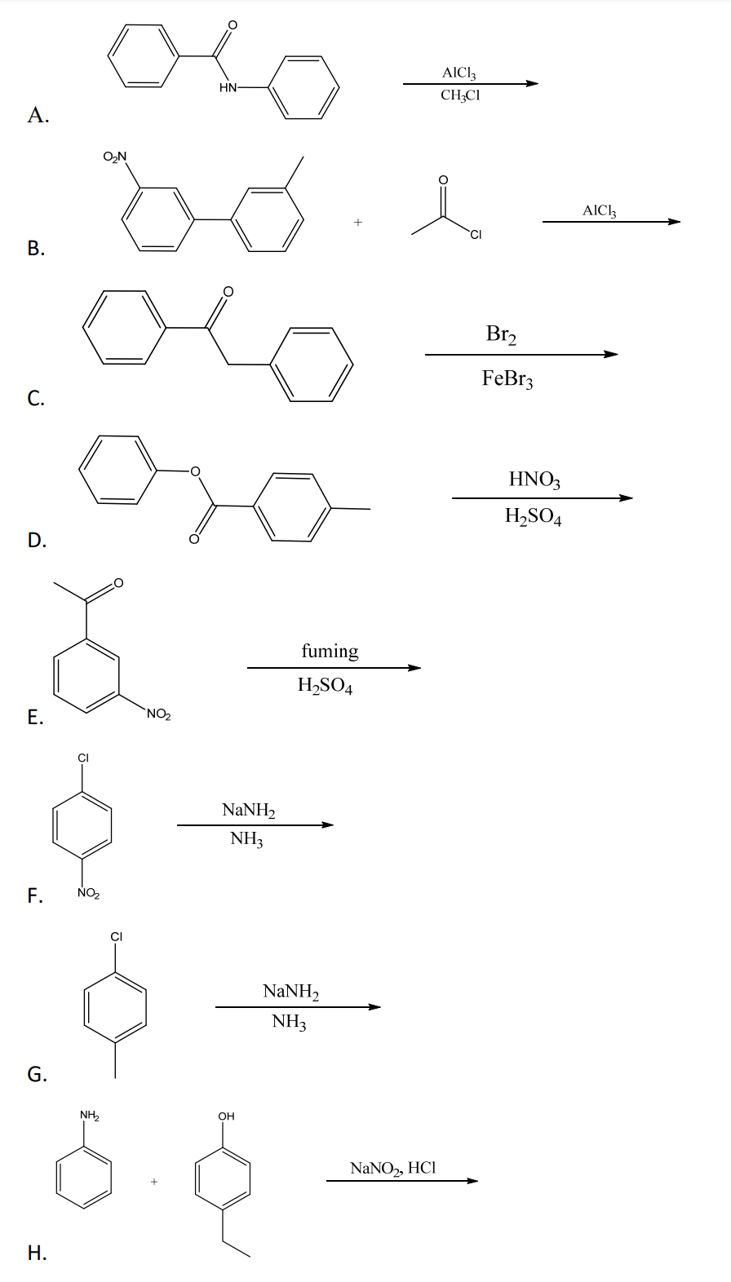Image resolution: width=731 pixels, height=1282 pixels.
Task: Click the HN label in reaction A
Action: point(228,88)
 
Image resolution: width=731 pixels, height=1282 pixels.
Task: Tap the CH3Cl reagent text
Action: point(460,95)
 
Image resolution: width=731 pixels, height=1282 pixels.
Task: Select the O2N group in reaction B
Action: point(116,157)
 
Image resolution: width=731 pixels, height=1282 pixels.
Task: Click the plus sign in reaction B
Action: point(357,221)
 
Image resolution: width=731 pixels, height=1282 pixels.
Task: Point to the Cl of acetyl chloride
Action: point(475,237)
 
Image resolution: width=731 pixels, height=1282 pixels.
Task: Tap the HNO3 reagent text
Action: point(534,479)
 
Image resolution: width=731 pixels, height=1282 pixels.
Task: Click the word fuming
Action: point(330,651)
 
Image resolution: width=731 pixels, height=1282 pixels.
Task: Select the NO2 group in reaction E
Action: point(157,715)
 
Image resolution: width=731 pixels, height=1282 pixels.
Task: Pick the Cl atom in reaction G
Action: point(117,936)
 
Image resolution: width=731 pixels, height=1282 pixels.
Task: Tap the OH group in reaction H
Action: point(227,1116)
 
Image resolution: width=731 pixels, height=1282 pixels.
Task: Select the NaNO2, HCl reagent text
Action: point(392,1169)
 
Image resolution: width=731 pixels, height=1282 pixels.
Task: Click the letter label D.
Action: point(36,540)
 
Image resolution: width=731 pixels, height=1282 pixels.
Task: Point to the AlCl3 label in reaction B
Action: point(600,210)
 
